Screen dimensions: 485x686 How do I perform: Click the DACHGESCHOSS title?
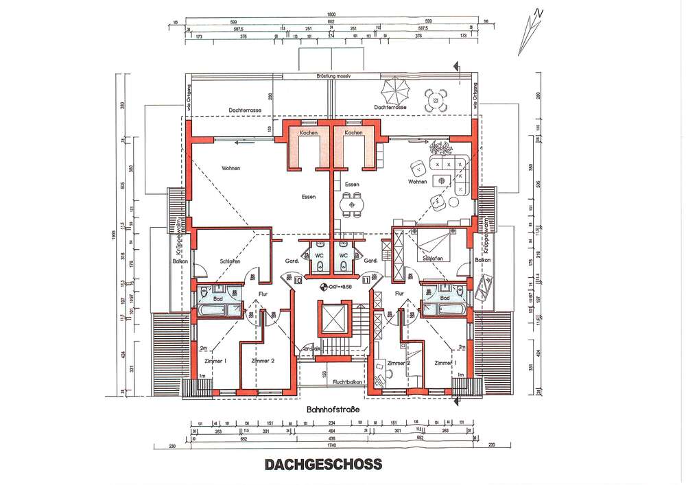pos(322,464)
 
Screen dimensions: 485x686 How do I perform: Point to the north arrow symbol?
pos(530,32)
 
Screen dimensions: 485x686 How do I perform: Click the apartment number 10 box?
pos(298,280)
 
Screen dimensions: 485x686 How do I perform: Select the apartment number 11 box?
pos(365,280)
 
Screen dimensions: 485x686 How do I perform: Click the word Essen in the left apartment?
pos(308,198)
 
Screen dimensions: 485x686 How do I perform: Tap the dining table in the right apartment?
pos(353,204)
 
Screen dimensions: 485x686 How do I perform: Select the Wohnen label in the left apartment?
pos(230,168)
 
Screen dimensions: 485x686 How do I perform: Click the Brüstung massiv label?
pos(331,76)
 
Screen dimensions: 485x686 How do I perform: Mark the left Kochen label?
pos(308,132)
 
